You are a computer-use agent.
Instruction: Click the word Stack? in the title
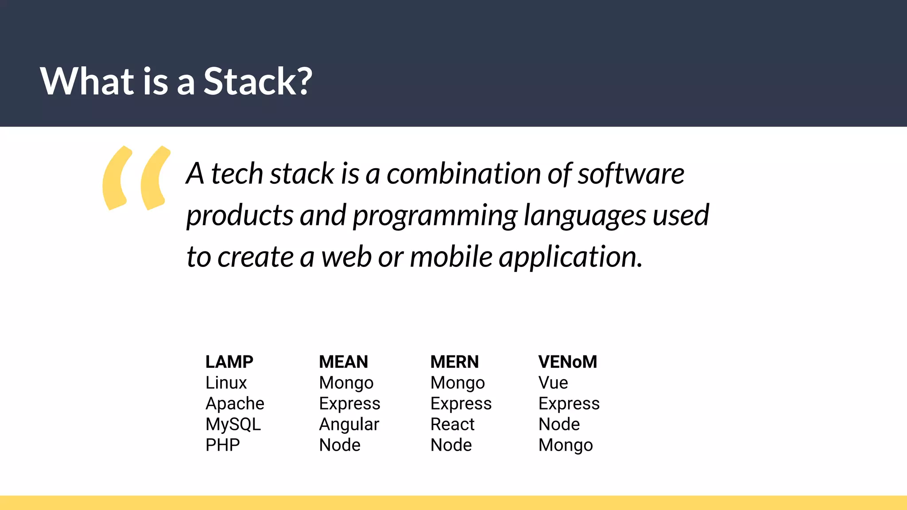258,81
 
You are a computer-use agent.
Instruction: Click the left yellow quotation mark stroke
115,178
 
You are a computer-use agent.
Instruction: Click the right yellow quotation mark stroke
154,178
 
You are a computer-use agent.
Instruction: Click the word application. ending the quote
571,257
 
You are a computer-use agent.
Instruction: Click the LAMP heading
229,362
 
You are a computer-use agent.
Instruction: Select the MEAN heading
343,362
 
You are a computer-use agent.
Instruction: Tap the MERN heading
454,362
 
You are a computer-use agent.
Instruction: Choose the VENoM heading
568,362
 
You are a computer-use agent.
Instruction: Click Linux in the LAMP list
226,382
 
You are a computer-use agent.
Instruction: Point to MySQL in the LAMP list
233,424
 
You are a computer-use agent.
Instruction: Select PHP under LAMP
222,445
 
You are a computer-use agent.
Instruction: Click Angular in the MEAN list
349,424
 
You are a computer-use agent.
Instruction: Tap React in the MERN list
452,424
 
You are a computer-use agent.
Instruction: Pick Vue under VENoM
553,382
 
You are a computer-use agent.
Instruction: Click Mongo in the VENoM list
566,445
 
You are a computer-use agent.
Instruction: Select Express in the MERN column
461,403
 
